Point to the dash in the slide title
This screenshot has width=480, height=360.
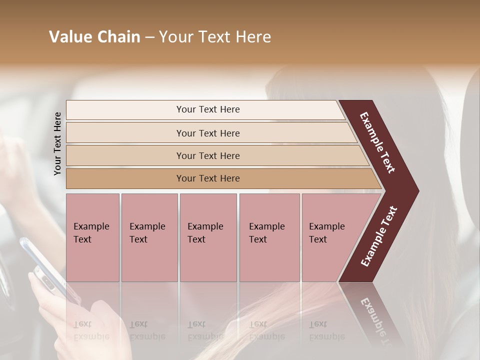(149, 37)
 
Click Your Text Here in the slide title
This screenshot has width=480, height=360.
(215, 37)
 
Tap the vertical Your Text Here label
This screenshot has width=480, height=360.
(57, 143)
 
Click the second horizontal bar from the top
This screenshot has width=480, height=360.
(208, 133)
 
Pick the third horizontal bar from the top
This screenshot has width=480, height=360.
(208, 155)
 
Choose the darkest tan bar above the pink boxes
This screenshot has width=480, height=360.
(208, 178)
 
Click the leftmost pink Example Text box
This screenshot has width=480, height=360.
(92, 237)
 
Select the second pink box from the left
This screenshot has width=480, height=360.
(149, 237)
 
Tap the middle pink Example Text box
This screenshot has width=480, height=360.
(208, 237)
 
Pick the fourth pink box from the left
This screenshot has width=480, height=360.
(269, 237)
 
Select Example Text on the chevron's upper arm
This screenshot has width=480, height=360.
(377, 142)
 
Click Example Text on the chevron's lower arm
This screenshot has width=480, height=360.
(379, 236)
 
